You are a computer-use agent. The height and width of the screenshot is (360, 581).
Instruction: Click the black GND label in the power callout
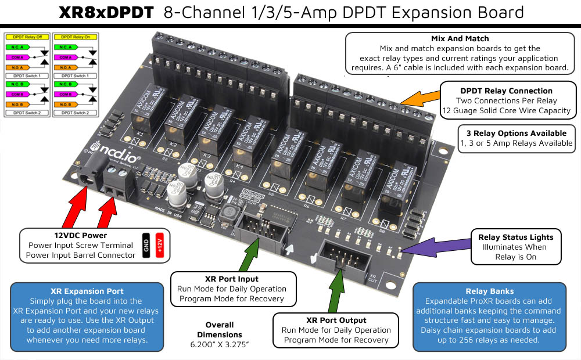tap(146, 245)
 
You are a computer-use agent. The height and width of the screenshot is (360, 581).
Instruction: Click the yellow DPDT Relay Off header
tap(27, 37)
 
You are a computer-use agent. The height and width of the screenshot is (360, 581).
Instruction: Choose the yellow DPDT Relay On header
tap(75, 37)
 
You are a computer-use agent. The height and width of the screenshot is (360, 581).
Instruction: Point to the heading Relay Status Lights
tap(515, 237)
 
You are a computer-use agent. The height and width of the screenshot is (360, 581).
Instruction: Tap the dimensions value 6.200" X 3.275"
tap(219, 344)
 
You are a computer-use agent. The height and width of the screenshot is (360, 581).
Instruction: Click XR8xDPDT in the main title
tap(107, 12)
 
